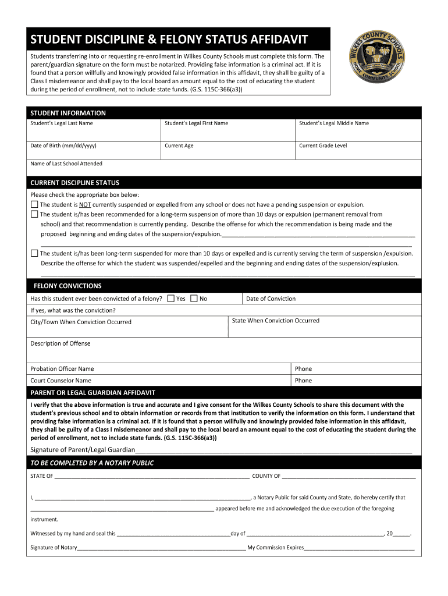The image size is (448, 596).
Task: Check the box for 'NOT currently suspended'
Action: (x=34, y=205)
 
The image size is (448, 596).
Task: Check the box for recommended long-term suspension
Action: (x=34, y=214)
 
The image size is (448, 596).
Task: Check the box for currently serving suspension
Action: (x=34, y=253)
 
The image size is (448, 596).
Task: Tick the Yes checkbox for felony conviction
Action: (x=170, y=299)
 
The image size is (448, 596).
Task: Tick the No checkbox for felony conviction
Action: (x=194, y=299)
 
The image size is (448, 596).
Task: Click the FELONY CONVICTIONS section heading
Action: (x=67, y=286)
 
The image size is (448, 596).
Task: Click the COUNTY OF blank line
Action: (x=349, y=476)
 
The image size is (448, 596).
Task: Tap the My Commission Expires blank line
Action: (x=359, y=548)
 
